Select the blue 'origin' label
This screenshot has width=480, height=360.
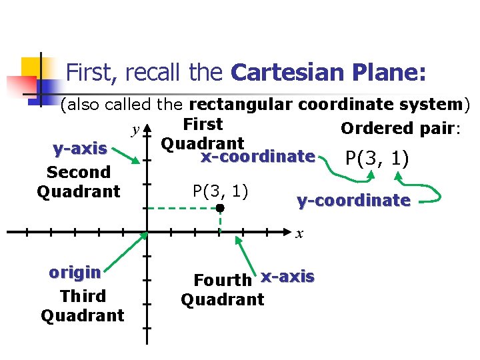point(75,273)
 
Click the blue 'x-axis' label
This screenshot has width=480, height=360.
point(287,276)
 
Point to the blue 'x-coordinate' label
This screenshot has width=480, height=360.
point(257,157)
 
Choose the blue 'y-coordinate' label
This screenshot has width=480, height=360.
point(353,200)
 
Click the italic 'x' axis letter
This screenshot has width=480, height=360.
point(300,234)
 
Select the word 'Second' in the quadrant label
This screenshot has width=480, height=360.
point(79,172)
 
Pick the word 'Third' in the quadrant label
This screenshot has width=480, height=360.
point(83,296)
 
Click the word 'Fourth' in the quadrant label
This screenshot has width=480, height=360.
point(223,280)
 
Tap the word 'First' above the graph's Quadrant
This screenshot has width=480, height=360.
point(203,124)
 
